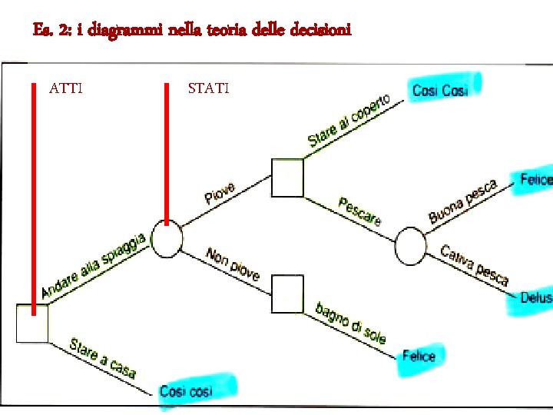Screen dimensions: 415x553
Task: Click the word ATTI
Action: (x=66, y=88)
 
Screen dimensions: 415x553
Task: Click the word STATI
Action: (x=208, y=88)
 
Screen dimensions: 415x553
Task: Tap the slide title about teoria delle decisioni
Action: (x=192, y=30)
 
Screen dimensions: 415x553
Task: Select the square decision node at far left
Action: (x=32, y=323)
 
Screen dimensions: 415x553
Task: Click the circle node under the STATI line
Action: (x=167, y=238)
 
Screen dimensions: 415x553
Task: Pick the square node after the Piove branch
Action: (x=287, y=178)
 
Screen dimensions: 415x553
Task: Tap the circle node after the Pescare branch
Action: (x=410, y=247)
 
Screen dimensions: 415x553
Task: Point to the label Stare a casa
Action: (x=103, y=358)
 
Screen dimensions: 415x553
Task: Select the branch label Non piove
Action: (x=233, y=264)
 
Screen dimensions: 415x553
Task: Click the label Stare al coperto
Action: (x=349, y=121)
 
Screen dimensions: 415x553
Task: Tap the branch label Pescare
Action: (x=359, y=211)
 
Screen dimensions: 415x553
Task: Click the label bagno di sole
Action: (x=350, y=323)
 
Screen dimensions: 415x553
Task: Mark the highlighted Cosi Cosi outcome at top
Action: (x=440, y=90)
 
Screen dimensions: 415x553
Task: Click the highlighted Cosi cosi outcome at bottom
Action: (x=186, y=391)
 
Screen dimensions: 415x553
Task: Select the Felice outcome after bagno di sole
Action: (x=419, y=356)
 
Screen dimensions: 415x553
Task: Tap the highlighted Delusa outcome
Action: (x=535, y=297)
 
